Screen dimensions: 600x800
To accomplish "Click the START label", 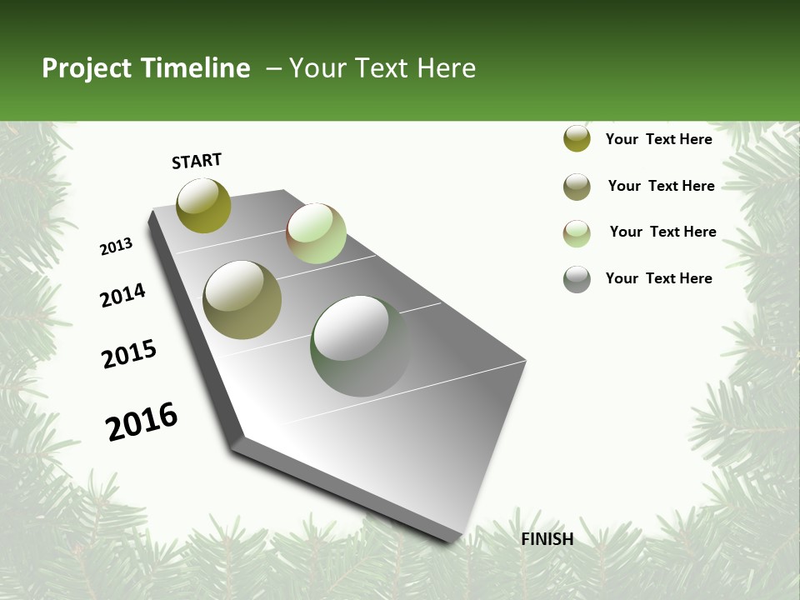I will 197,161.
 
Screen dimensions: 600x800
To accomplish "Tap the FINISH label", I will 547,539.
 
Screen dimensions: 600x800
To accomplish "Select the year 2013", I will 116,247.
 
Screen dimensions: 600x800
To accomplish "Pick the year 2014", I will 122,295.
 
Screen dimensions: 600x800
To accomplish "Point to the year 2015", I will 129,354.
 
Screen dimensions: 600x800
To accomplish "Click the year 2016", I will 142,422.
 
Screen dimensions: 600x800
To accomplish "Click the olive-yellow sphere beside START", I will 203,206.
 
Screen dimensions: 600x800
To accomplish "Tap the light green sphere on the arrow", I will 316,233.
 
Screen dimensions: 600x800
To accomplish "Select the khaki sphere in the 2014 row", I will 242,300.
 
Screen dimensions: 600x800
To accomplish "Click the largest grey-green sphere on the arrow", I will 360,346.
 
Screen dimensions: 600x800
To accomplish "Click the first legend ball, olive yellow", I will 577,139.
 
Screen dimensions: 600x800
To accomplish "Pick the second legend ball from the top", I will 577,187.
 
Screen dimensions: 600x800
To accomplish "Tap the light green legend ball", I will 577,233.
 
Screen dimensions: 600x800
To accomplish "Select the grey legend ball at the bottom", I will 577,279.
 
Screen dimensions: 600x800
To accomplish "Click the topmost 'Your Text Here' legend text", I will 658,139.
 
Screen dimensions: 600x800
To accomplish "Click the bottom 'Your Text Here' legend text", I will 658,278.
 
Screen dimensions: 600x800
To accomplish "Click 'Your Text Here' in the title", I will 382,68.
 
